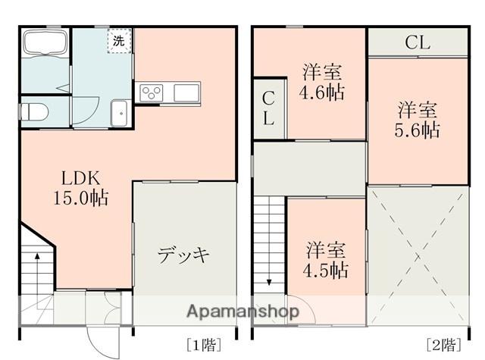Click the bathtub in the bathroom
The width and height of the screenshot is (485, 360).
tap(45, 42)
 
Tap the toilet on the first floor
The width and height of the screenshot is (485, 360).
tap(33, 111)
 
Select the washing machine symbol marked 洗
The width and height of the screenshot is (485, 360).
tap(119, 41)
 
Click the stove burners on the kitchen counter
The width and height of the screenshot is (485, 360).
tap(152, 92)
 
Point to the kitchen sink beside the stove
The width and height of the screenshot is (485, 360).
tap(186, 92)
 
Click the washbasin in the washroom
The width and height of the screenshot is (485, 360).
tap(119, 113)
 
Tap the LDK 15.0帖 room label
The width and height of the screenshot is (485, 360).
tap(81, 188)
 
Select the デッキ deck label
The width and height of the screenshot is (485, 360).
tap(183, 255)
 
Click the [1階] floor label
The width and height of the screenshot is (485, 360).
tap(204, 345)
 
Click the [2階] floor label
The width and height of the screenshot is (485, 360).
tap(443, 345)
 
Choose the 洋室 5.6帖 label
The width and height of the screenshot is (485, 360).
tap(417, 120)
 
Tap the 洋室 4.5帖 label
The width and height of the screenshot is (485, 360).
tap(325, 260)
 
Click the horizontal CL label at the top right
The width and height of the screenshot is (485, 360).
tap(418, 42)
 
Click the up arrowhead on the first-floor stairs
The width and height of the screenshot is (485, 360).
tap(37, 255)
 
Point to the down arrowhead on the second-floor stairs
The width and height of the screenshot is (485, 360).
tap(269, 282)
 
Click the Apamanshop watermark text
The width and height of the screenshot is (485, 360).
tap(242, 311)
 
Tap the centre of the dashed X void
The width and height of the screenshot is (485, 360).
tap(419, 257)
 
